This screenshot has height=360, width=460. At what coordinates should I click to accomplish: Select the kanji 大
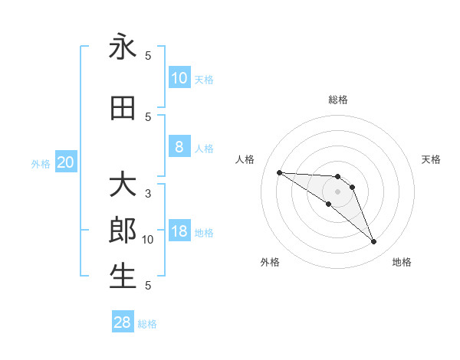pos(123,185)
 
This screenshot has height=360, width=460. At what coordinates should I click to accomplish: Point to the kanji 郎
pos(123,231)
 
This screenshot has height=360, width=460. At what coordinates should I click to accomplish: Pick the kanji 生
pos(123,277)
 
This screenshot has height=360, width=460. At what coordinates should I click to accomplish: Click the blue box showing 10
pos(179,77)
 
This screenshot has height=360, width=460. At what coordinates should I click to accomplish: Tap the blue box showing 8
pos(179,147)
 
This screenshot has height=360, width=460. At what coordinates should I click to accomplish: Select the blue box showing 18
pos(179,232)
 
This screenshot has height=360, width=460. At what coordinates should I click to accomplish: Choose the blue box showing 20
pos(66,162)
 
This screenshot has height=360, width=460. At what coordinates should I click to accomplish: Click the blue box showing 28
pos(123,322)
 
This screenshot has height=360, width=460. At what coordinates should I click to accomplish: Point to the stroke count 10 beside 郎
pos(148,240)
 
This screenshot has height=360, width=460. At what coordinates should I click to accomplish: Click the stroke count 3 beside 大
pos(148,194)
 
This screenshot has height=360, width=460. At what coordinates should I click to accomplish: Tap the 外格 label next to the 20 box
pos(41,163)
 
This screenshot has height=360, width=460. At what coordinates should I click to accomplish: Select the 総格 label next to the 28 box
pos(147,324)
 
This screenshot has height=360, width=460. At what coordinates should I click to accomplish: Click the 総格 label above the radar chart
pos(337,100)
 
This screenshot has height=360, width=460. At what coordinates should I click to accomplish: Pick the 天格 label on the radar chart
pos(431,159)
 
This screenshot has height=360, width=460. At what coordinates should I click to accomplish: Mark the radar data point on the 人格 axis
pos(279,172)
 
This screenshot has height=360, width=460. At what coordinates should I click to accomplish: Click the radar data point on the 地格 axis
pos(373,242)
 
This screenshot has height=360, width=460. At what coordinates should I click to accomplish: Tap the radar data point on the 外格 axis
pos(329,204)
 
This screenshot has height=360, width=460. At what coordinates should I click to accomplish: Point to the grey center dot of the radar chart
pos(337,191)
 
